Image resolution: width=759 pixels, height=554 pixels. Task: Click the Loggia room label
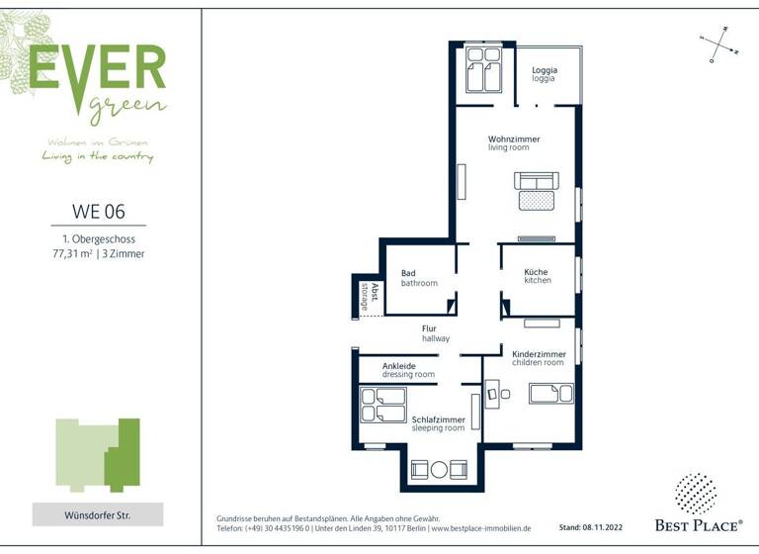click(x=545, y=74)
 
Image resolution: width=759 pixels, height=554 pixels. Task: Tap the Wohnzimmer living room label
click(x=514, y=143)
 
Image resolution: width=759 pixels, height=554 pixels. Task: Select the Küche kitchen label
click(x=538, y=276)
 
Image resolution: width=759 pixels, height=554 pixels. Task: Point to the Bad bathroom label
click(x=418, y=278)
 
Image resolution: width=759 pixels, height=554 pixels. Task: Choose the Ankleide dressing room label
click(x=408, y=370)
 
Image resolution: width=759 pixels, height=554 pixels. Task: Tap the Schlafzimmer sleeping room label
click(x=438, y=423)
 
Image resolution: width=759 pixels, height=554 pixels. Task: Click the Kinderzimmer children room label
click(x=539, y=358)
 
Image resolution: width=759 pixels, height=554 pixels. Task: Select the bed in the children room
click(x=550, y=394)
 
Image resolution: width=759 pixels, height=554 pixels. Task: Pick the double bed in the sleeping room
click(x=383, y=405)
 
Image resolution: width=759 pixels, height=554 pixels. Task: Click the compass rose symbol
click(x=719, y=45)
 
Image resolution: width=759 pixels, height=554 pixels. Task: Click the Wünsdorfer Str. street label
click(x=98, y=515)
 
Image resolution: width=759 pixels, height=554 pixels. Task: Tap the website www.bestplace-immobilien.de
click(x=480, y=529)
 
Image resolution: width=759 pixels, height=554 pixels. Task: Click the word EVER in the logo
click(x=97, y=66)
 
